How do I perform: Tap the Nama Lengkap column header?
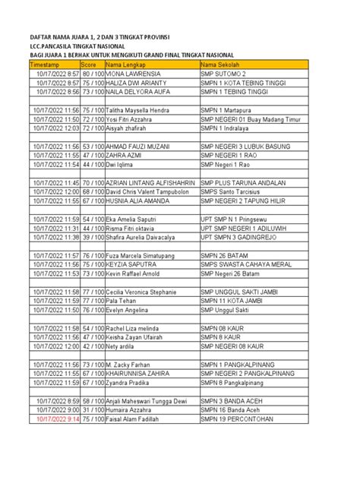(x=125, y=66)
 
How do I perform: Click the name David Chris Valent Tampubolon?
(x=151, y=191)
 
